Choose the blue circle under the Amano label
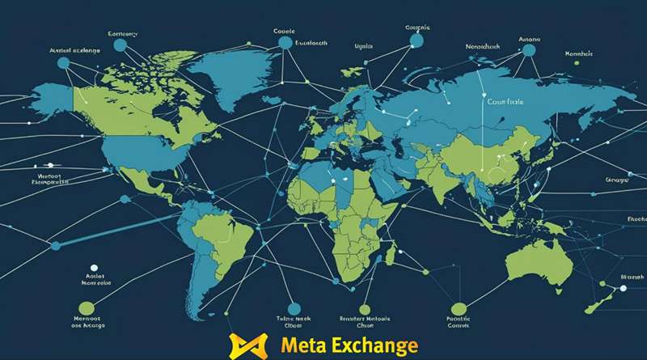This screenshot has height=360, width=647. click(529, 50)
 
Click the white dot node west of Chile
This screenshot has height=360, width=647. click(94, 266)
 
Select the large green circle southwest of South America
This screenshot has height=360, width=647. click(86, 307)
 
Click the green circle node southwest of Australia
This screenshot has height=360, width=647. click(459, 307)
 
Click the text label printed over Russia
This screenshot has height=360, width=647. click(505, 103)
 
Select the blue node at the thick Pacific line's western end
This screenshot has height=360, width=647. click(55, 245)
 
